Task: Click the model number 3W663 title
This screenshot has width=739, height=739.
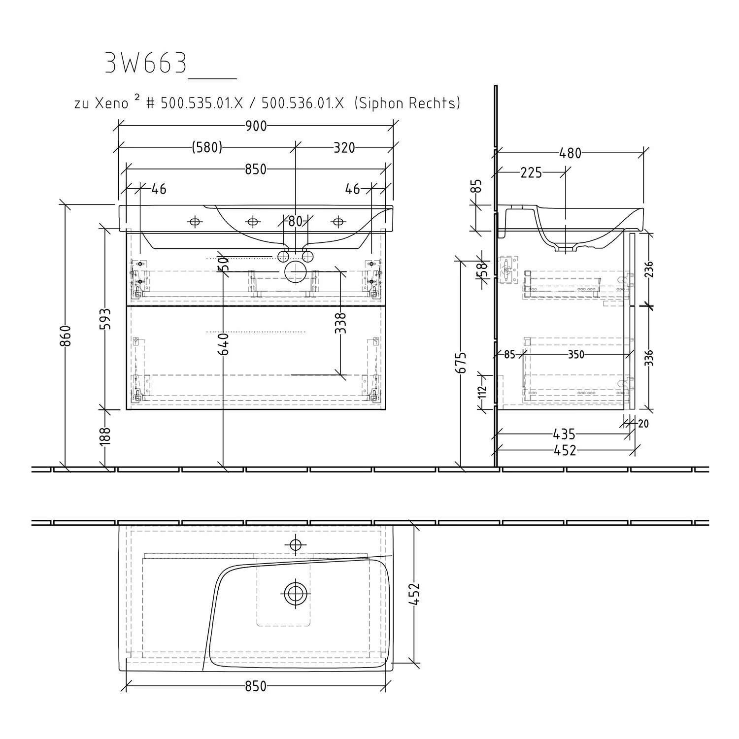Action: (146, 63)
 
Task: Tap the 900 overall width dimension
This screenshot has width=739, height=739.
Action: (256, 126)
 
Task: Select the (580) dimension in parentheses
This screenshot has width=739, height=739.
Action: (207, 147)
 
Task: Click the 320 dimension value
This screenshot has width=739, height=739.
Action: (344, 147)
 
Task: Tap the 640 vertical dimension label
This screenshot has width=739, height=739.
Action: (223, 344)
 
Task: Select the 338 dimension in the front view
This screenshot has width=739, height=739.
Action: (340, 323)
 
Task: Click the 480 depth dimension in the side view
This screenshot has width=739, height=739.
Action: (570, 154)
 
